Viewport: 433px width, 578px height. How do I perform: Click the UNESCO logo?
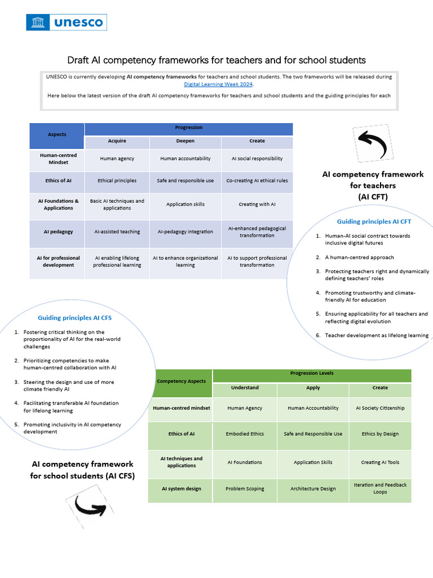tap(67, 23)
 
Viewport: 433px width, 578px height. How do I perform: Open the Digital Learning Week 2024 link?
tap(219, 84)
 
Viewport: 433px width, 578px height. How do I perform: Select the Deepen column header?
tap(185, 141)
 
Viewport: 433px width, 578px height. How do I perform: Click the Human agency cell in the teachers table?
tap(117, 159)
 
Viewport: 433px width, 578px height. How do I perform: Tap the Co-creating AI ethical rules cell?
tap(257, 181)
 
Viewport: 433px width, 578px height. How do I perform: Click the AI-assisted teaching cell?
tap(117, 231)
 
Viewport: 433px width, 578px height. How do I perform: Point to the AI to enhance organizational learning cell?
tap(185, 261)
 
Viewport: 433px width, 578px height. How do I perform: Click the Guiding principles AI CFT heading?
tap(374, 222)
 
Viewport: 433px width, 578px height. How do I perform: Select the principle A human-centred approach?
tap(359, 257)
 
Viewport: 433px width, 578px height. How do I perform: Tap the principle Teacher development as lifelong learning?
tap(377, 335)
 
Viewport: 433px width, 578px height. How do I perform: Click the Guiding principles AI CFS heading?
tap(74, 318)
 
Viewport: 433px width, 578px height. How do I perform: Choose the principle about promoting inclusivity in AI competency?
tap(72, 428)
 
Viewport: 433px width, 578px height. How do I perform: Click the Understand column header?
tap(245, 388)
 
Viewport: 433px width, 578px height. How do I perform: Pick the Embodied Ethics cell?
tap(245, 434)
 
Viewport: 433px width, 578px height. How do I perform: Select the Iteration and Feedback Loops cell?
tap(380, 488)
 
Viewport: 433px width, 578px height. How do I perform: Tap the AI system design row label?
tap(181, 489)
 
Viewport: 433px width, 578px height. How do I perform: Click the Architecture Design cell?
tap(313, 489)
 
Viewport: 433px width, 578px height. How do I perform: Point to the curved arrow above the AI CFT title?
tap(370, 143)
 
